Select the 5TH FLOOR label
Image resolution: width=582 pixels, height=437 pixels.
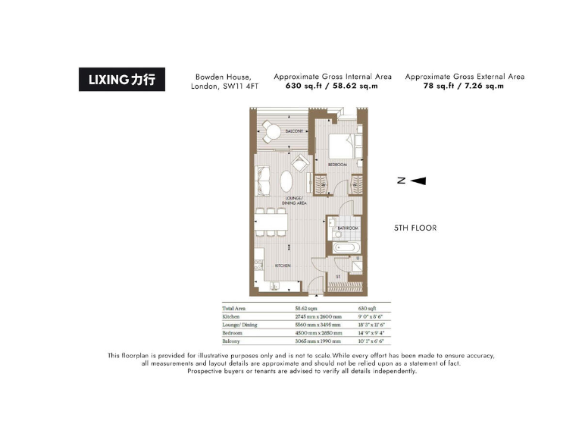tap(415, 228)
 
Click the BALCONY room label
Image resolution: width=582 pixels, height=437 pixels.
tap(294, 132)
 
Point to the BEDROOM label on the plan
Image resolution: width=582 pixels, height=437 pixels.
tap(337, 165)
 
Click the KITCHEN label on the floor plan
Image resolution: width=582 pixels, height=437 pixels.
tap(282, 266)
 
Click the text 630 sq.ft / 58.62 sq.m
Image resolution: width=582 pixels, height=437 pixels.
tap(332, 86)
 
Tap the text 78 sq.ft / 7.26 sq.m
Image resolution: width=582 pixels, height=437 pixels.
tap(464, 86)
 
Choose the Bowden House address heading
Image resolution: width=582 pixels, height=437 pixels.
tap(224, 81)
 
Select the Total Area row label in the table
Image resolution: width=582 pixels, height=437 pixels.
tap(233, 309)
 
